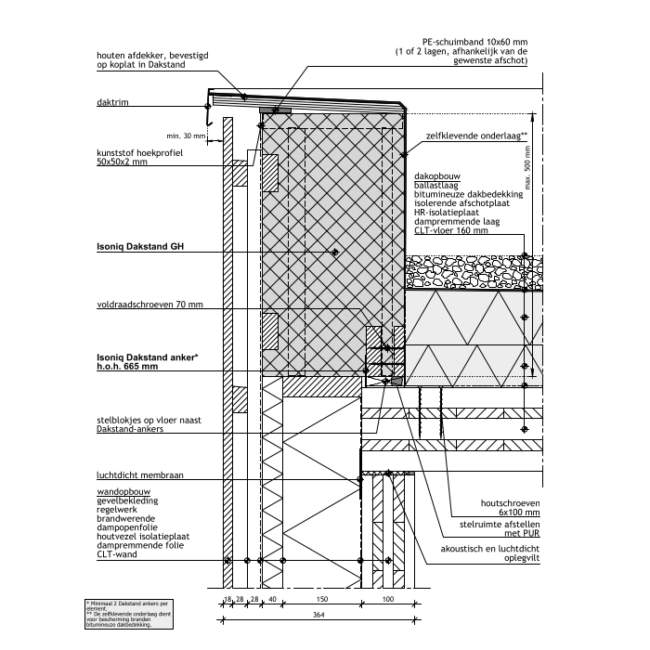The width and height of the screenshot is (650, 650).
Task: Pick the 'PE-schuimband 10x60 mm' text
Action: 474,42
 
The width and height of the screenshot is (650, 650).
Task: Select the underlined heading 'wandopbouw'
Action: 123,490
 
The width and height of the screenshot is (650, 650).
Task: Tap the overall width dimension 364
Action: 318,616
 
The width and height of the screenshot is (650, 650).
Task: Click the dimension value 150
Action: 320,600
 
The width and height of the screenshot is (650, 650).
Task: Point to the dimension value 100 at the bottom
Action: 388,600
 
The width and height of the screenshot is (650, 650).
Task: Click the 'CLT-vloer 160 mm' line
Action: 449,230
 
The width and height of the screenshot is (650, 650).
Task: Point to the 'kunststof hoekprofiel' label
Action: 141,152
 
